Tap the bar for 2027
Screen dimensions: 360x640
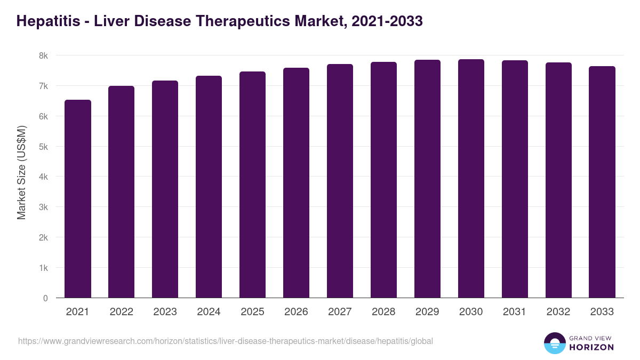(x=340, y=181)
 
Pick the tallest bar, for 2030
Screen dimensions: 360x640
(x=471, y=179)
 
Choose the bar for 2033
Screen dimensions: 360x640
(x=602, y=182)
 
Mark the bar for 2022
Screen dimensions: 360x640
(x=122, y=192)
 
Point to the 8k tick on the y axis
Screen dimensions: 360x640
(x=43, y=55)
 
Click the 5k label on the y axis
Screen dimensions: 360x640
(x=43, y=147)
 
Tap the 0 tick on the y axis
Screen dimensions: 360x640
(x=45, y=298)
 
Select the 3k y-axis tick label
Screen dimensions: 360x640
(x=43, y=207)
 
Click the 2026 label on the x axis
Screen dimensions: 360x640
(x=296, y=312)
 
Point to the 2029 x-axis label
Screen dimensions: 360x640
(x=427, y=312)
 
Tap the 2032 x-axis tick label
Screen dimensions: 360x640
(x=558, y=312)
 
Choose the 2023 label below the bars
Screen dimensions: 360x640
(x=165, y=312)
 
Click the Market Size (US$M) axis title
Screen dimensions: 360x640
(x=21, y=172)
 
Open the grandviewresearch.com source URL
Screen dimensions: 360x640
(x=226, y=341)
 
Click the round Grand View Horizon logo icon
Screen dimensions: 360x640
(x=554, y=343)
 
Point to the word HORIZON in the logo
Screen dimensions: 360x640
(x=591, y=347)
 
